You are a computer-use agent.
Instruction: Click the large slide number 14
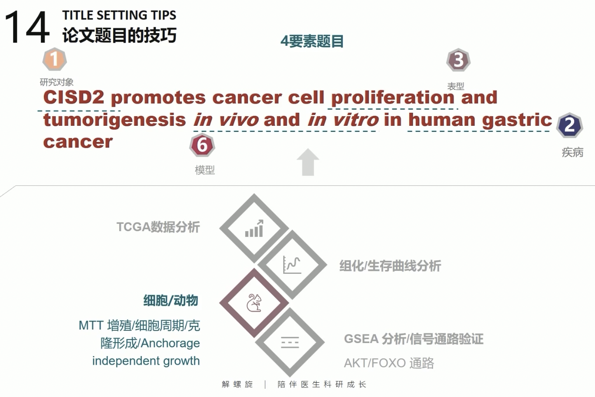[27, 27]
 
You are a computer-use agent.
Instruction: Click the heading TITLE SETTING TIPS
[119, 15]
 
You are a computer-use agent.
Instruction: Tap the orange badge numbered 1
[54, 59]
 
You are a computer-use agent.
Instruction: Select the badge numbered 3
[458, 60]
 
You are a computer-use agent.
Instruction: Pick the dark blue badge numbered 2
[569, 125]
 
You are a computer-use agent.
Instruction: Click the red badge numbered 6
[202, 145]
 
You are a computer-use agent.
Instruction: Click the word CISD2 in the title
[74, 97]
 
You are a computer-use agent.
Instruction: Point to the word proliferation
[393, 98]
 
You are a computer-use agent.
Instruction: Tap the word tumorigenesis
[114, 120]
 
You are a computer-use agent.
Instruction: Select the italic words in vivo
[226, 120]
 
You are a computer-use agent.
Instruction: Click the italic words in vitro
[343, 120]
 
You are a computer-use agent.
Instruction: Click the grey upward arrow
[308, 162]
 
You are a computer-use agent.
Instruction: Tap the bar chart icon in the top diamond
[254, 229]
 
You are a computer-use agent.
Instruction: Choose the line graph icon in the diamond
[292, 265]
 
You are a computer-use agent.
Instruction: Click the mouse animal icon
[254, 303]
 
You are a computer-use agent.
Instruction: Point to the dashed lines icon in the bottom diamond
[290, 342]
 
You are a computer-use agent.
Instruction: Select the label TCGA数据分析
[158, 227]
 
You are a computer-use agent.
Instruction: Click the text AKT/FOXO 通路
[389, 363]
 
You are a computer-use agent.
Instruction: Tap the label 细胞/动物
[171, 300]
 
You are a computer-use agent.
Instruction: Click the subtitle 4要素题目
[312, 41]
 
